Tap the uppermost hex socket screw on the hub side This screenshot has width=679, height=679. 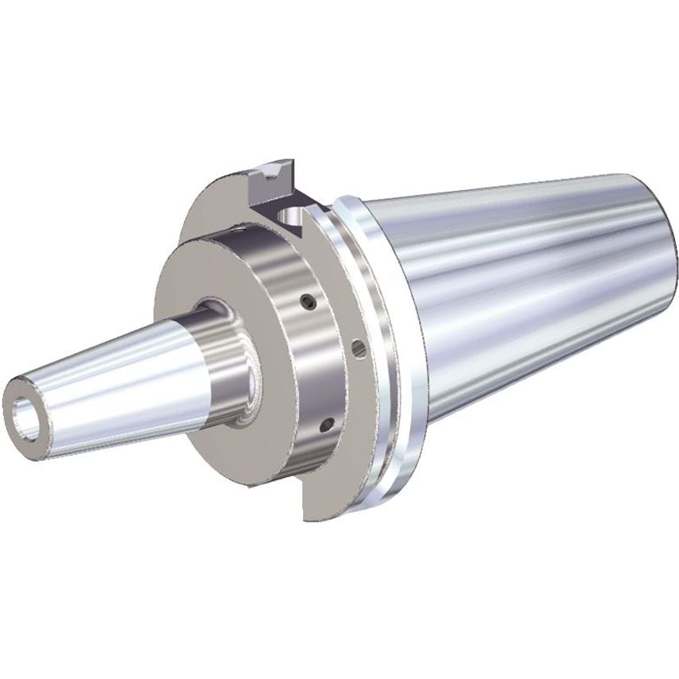pyautogui.click(x=305, y=300)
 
